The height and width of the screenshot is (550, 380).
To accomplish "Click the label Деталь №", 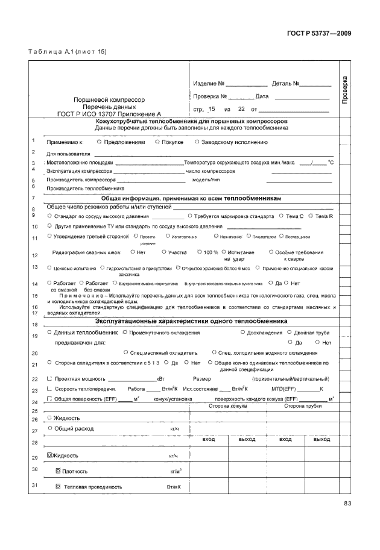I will tap(286, 83).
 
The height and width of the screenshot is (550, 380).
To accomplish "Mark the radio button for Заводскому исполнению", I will tap(197, 142).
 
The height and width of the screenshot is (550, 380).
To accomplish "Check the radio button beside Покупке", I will tap(157, 142).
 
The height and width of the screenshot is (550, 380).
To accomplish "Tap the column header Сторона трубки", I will tap(305, 407).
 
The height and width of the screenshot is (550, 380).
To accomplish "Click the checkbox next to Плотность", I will tap(58, 470).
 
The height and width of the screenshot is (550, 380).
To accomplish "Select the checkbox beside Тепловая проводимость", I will tap(58, 486).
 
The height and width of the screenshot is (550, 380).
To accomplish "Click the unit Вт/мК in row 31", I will tap(174, 486).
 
